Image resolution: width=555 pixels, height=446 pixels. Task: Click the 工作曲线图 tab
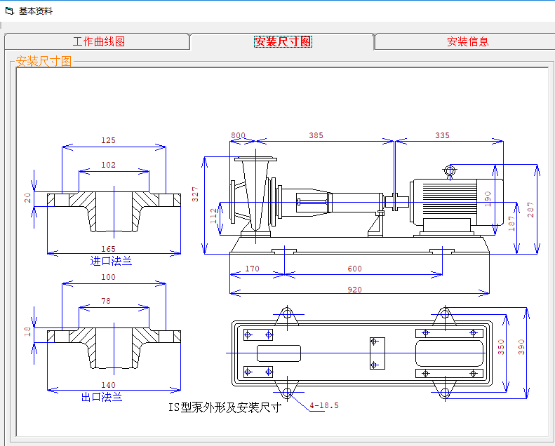click(x=98, y=41)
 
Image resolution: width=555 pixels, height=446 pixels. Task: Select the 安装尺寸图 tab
click(x=283, y=41)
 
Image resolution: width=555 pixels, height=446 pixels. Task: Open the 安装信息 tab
click(x=467, y=41)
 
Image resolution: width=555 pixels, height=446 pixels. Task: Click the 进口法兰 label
click(x=111, y=261)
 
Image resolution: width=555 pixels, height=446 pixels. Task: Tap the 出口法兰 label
click(x=102, y=397)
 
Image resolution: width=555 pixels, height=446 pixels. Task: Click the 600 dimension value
click(x=354, y=269)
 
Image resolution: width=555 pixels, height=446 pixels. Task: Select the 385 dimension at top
click(x=316, y=135)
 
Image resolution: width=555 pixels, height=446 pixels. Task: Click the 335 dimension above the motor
click(x=442, y=135)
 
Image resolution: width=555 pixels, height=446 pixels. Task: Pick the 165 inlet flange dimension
click(x=107, y=249)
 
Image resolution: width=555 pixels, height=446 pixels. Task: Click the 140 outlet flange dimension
click(x=107, y=385)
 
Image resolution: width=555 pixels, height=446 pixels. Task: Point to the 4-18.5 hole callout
click(x=324, y=405)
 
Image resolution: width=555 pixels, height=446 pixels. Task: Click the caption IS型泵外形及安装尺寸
click(x=225, y=407)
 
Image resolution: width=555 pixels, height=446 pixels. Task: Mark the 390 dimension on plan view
click(x=521, y=347)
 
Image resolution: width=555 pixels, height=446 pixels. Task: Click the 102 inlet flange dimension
click(x=108, y=165)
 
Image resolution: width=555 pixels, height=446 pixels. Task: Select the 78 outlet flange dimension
click(x=106, y=301)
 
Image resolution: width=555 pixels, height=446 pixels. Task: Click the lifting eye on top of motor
click(x=450, y=170)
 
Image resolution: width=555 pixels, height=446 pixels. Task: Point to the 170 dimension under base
click(x=253, y=269)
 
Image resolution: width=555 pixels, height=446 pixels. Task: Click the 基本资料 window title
click(x=35, y=11)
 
